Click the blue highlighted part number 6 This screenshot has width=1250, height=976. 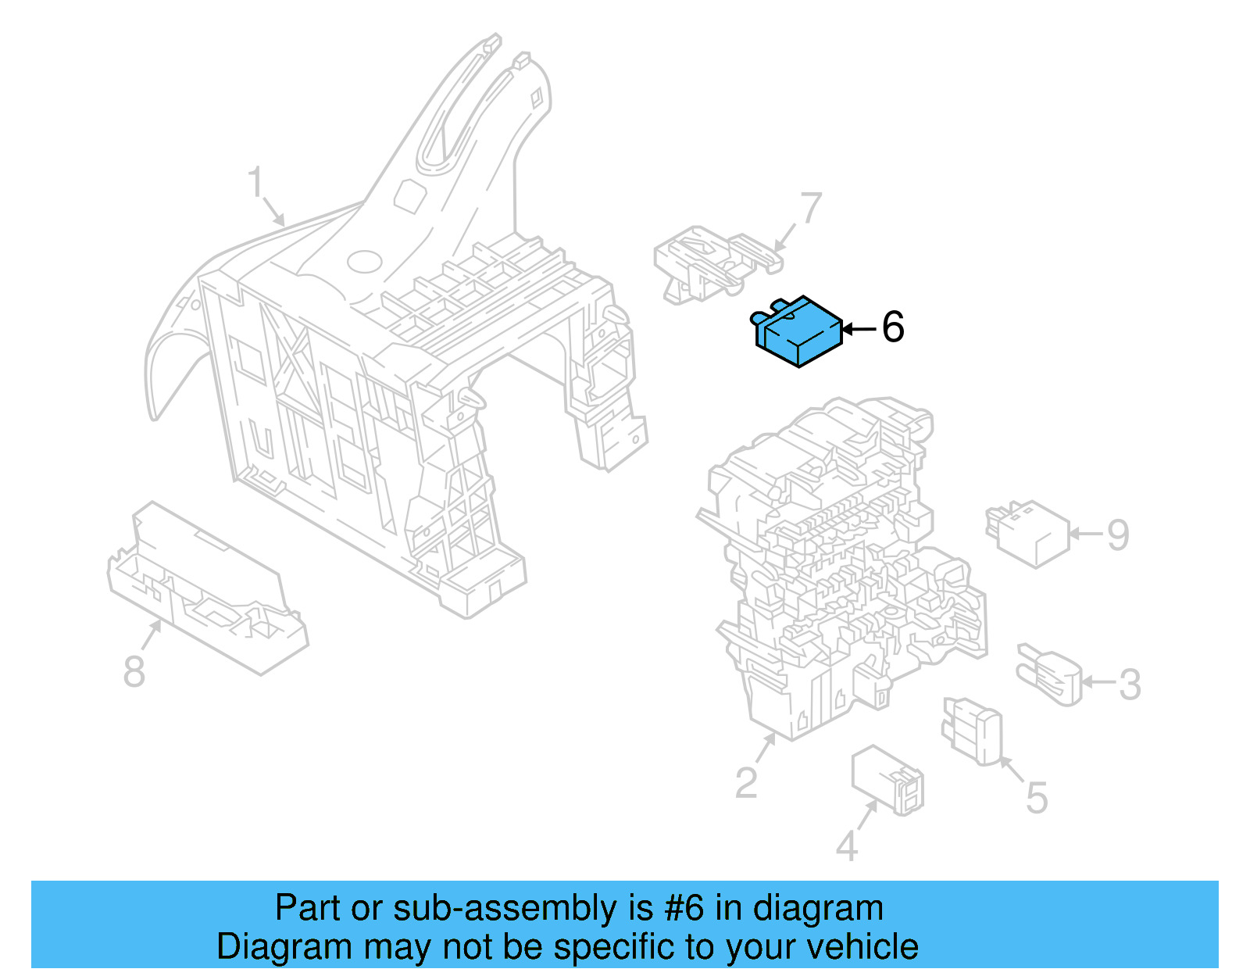tap(798, 332)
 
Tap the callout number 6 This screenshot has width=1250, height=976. tap(892, 327)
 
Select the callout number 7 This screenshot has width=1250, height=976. tap(812, 208)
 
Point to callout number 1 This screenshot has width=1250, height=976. tap(256, 182)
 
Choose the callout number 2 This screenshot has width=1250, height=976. tap(747, 782)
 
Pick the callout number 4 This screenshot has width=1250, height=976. tap(847, 846)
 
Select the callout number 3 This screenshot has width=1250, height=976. tap(1130, 685)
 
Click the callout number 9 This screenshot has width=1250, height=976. tap(1118, 534)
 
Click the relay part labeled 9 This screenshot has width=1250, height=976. tap(1027, 534)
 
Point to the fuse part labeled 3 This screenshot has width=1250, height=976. tap(1049, 674)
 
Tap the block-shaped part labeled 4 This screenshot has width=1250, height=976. tap(887, 780)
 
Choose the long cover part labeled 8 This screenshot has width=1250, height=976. tap(208, 587)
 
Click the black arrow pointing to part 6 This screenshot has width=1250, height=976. tap(859, 330)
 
